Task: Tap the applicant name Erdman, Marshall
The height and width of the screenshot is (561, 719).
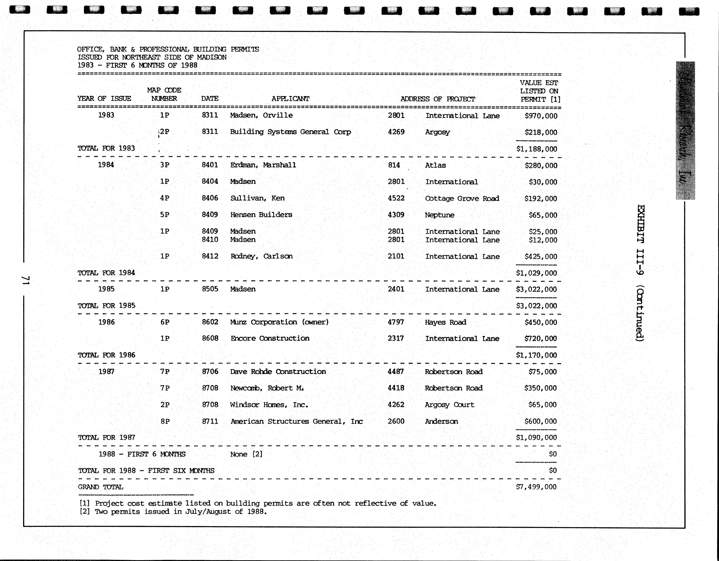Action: click(263, 165)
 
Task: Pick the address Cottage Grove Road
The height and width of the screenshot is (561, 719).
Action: click(462, 198)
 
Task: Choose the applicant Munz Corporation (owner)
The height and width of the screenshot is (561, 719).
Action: click(279, 322)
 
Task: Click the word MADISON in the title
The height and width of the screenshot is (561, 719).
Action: click(212, 57)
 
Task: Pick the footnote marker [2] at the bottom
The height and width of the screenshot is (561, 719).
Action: click(85, 512)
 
